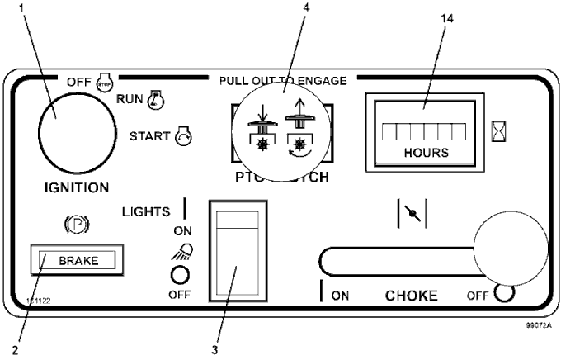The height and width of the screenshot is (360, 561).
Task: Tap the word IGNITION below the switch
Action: (x=71, y=187)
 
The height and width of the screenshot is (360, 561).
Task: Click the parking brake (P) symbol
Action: (x=76, y=224)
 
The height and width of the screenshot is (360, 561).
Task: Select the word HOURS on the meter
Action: (x=426, y=153)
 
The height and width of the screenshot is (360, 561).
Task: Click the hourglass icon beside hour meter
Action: (x=497, y=131)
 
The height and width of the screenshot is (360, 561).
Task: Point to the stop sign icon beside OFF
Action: (x=103, y=83)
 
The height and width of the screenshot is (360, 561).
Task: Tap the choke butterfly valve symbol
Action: (x=412, y=212)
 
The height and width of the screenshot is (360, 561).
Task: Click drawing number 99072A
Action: (x=538, y=327)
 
